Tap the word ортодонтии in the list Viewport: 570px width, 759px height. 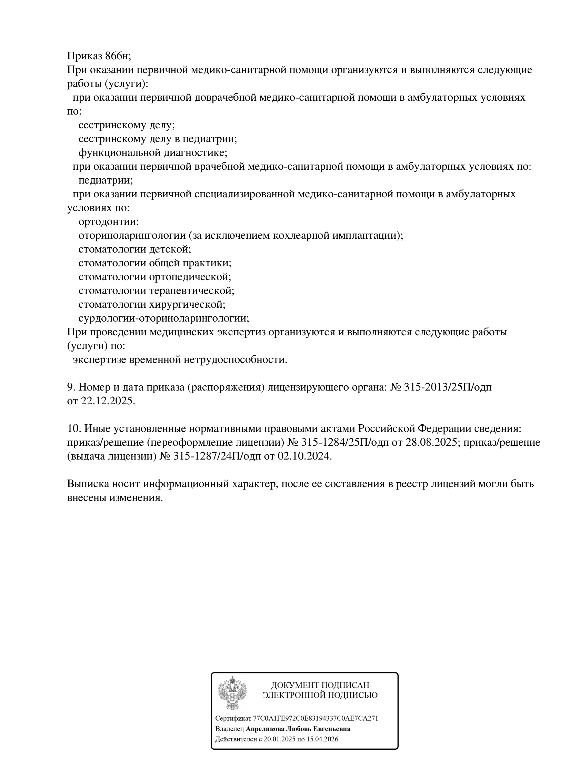click(x=109, y=221)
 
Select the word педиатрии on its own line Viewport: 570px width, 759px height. click(x=106, y=180)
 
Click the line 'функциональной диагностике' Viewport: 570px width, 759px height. click(x=153, y=152)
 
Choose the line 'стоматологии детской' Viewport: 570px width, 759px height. click(x=135, y=249)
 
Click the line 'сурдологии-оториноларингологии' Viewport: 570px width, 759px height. click(x=164, y=318)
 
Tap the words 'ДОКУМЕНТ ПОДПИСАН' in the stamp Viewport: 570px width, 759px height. click(x=320, y=686)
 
